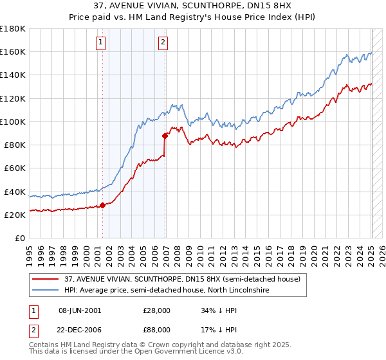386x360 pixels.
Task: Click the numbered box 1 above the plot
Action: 102,43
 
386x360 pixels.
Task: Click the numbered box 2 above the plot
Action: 163,43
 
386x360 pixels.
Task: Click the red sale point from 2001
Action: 102,206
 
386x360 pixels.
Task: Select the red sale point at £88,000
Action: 165,135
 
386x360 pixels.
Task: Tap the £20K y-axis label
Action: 14,215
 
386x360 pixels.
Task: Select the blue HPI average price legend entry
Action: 165,291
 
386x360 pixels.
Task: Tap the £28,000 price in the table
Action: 156,310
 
